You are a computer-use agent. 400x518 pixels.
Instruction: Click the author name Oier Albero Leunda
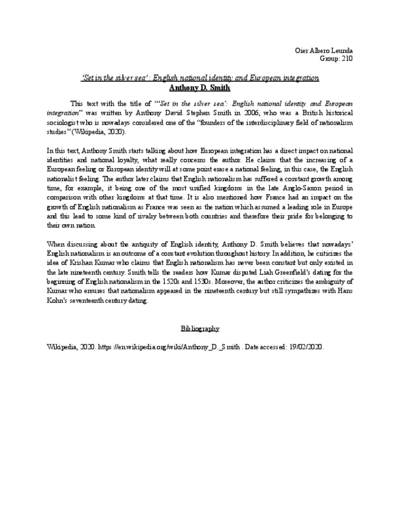[324, 50]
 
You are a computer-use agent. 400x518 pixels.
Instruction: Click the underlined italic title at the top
[200, 78]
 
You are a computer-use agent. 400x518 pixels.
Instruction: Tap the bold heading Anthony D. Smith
[200, 87]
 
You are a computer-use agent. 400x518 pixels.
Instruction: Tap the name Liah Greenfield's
[230, 272]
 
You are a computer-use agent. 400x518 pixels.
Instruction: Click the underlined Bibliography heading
[200, 329]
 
